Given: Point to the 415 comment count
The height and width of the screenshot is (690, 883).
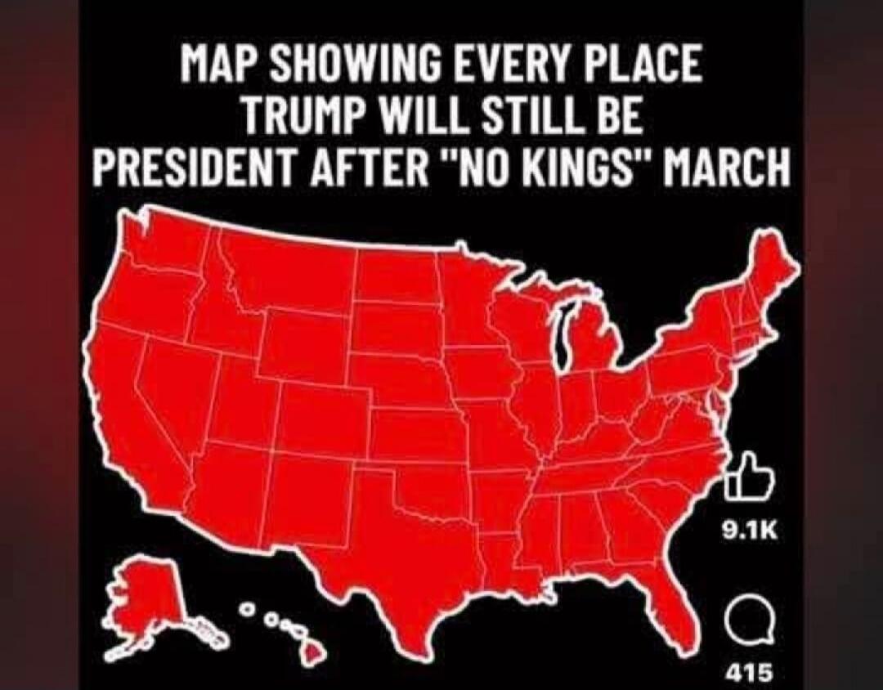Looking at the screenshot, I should point(748,673).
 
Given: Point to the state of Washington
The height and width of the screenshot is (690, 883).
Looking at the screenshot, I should point(164,245).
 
